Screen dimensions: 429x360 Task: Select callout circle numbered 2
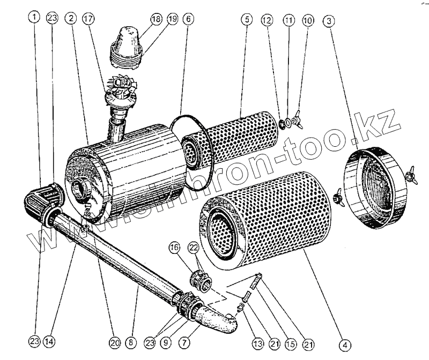[x=70, y=18]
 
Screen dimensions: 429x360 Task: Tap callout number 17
[x=88, y=18]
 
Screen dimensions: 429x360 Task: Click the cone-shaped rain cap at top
[x=127, y=45]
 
